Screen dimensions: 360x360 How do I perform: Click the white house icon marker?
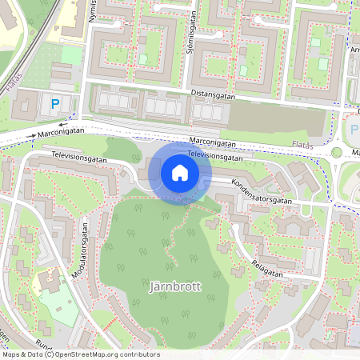click(x=180, y=173)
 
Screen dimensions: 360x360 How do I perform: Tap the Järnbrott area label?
click(x=175, y=285)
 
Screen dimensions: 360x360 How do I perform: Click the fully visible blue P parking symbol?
click(x=55, y=102)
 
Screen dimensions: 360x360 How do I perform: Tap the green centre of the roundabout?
click(x=337, y=152)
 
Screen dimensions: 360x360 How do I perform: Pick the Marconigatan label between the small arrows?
click(x=60, y=134)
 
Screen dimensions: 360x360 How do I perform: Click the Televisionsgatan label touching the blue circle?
click(x=214, y=156)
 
